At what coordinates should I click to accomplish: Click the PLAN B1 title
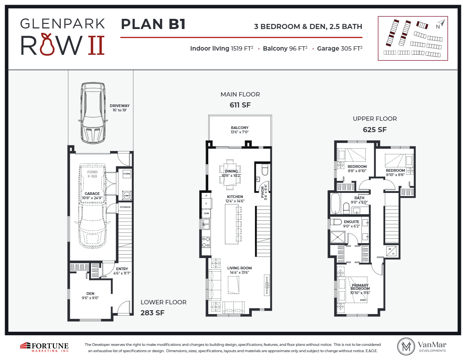153,24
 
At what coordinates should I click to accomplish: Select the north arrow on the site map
442,24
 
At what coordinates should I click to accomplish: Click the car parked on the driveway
93,113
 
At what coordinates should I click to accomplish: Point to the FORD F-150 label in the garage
92,174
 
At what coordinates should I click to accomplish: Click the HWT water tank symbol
127,196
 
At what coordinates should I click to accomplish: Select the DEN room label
90,293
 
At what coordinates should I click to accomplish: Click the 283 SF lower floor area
152,313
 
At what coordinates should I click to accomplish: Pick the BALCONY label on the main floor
239,128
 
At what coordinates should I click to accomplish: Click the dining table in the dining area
231,171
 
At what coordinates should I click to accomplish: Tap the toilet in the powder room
264,169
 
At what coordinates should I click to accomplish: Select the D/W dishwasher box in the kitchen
206,214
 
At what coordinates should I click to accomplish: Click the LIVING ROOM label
239,268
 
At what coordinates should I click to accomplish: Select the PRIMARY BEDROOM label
360,287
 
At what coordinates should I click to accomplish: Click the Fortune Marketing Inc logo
44,346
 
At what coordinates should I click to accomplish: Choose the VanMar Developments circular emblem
406,346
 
